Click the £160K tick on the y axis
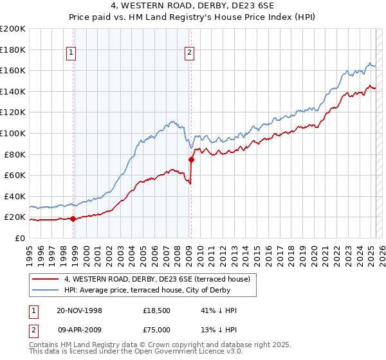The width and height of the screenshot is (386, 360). pyautogui.click(x=13, y=70)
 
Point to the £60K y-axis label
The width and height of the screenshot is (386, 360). pyautogui.click(x=14, y=175)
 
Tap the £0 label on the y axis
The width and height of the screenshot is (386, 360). pyautogui.click(x=21, y=238)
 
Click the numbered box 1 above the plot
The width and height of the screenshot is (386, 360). pyautogui.click(x=71, y=53)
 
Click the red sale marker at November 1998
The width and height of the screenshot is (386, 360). pyautogui.click(x=73, y=219)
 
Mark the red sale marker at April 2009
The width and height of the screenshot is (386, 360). pyautogui.click(x=191, y=159)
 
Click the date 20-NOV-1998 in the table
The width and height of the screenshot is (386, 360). pyautogui.click(x=79, y=310)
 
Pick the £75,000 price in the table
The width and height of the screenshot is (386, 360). pyautogui.click(x=157, y=329)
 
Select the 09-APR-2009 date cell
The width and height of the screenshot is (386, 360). pyautogui.click(x=79, y=329)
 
